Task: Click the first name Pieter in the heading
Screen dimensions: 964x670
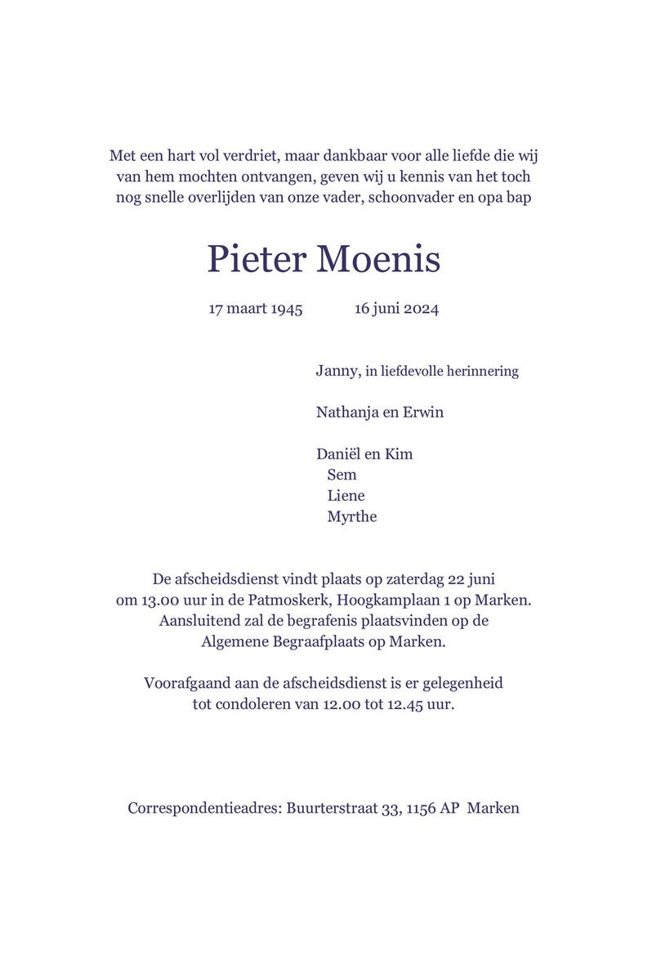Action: [x=256, y=259]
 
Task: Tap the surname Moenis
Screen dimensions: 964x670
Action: [x=377, y=259]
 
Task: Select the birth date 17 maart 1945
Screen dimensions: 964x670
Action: [x=256, y=309]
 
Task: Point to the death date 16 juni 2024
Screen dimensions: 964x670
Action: [x=396, y=309]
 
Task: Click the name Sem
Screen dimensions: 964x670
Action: [x=342, y=475]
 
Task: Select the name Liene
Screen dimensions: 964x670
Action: [x=346, y=495]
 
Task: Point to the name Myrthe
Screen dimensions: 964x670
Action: [x=351, y=516]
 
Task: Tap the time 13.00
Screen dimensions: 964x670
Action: [x=158, y=600]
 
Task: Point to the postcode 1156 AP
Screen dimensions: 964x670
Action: [x=432, y=809]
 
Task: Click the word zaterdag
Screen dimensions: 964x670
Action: [x=413, y=579]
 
